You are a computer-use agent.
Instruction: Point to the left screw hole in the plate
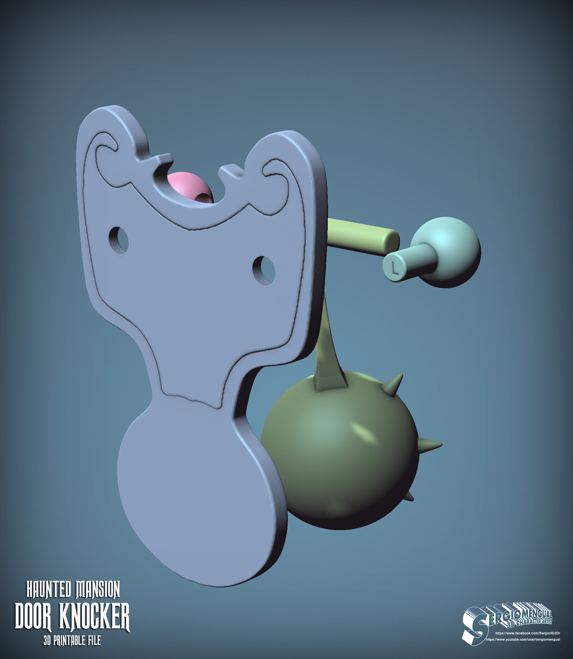click(119, 240)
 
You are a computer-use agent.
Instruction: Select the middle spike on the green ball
click(429, 444)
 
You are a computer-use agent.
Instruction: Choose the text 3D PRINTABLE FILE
click(72, 640)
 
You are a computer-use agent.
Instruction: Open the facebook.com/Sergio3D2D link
click(528, 633)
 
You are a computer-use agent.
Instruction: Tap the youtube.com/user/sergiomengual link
click(523, 640)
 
